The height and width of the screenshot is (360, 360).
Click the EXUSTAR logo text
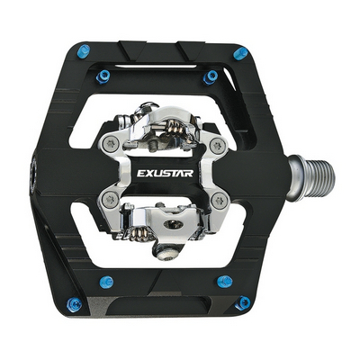pyautogui.click(x=165, y=173)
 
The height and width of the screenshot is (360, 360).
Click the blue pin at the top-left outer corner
pyautogui.click(x=83, y=51)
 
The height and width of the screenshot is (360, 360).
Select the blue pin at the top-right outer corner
pyautogui.click(x=240, y=53)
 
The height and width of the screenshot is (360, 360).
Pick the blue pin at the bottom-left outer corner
pyautogui.click(x=74, y=304)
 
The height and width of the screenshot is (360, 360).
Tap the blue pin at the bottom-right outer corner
pyautogui.click(x=243, y=302)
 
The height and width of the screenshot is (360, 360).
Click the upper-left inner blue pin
pyautogui.click(x=103, y=76)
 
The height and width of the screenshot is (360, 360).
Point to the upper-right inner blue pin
pyautogui.click(x=211, y=77)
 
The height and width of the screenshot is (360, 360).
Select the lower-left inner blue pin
pyautogui.click(x=106, y=282)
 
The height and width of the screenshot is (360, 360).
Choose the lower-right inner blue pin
pyautogui.click(x=224, y=281)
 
